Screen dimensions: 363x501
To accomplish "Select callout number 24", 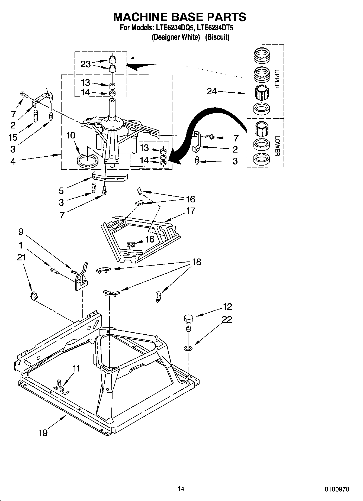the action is (x=212, y=91).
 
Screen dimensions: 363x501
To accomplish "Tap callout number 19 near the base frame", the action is (x=43, y=433).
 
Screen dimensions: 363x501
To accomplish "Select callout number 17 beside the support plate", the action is (x=191, y=211).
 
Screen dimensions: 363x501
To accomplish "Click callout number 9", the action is (x=21, y=232).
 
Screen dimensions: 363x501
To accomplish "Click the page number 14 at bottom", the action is (x=181, y=489).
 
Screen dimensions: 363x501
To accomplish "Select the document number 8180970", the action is (x=337, y=489).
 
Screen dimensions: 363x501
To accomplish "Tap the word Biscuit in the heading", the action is (x=217, y=37).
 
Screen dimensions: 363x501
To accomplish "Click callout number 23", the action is (x=85, y=64).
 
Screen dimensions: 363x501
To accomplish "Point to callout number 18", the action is (x=197, y=262).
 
